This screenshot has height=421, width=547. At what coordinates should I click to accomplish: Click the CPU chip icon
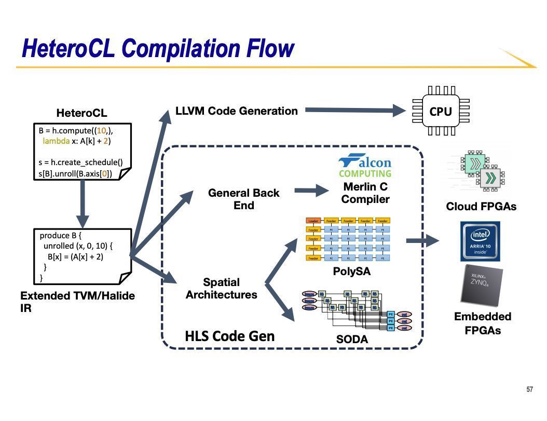click(x=441, y=111)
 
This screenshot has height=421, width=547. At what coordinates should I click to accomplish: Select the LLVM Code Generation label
click(x=237, y=111)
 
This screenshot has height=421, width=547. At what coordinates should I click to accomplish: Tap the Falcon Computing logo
click(x=365, y=166)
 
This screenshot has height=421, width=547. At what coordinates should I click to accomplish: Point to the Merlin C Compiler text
click(x=365, y=193)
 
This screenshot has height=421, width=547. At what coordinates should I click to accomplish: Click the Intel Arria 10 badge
click(x=480, y=241)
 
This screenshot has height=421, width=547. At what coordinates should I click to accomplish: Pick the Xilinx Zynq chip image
click(x=482, y=286)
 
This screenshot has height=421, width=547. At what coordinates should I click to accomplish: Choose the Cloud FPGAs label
click(x=481, y=207)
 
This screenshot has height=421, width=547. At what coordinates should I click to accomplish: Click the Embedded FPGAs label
click(x=483, y=323)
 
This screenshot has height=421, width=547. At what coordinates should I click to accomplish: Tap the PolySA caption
click(x=352, y=271)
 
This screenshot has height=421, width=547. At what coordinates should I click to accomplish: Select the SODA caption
click(x=352, y=339)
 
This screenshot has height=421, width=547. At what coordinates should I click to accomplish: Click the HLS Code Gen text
click(x=229, y=336)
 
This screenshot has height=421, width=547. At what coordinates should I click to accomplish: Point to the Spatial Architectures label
click(x=222, y=289)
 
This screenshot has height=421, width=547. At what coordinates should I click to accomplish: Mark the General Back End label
click(x=243, y=199)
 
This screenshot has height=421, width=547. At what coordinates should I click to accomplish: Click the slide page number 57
click(x=529, y=389)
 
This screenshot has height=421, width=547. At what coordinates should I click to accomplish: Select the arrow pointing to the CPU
click(x=355, y=110)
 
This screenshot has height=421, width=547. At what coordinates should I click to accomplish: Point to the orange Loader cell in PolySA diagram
click(x=313, y=221)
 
